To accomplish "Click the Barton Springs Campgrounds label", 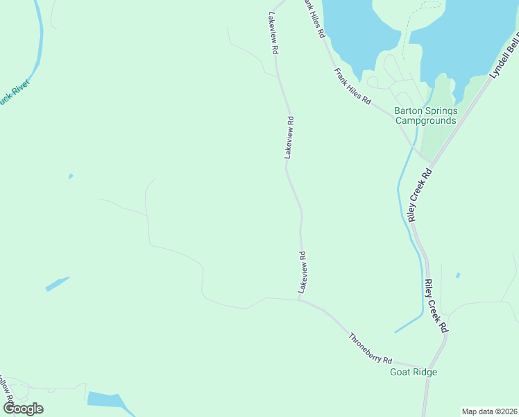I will [x=425, y=115].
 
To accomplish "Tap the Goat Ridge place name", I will [x=414, y=373].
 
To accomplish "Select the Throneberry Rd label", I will [x=371, y=350].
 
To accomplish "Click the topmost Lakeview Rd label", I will [x=273, y=33].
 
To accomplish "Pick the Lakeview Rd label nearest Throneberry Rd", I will [x=302, y=272].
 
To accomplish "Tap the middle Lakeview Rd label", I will [x=289, y=138].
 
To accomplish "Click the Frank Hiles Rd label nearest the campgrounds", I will [x=352, y=86].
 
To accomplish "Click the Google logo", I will [x=22, y=409].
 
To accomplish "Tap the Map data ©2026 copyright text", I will [x=488, y=411].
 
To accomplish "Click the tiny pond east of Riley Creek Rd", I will [x=457, y=275].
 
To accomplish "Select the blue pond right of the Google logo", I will [x=104, y=400].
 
